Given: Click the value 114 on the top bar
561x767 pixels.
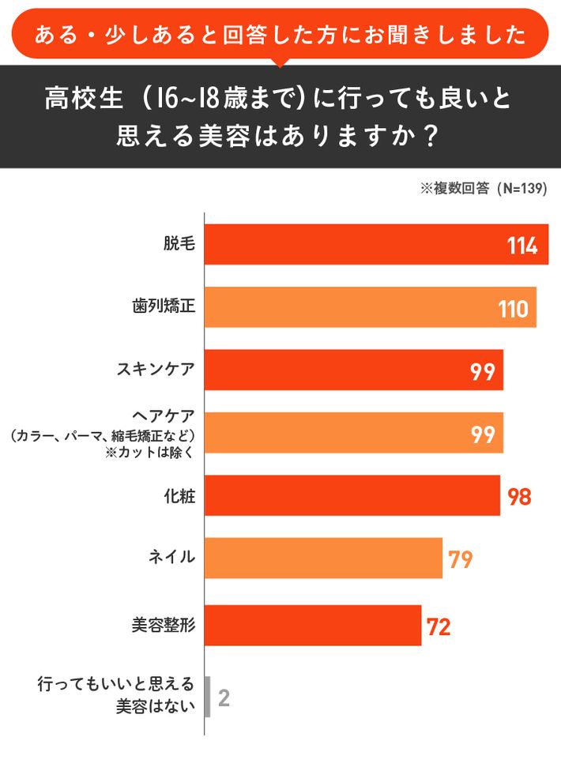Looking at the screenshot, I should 522,246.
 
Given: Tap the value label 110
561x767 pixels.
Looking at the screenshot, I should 513,308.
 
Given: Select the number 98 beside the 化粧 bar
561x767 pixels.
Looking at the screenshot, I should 518,496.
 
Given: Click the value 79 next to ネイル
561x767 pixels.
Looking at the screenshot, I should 460,559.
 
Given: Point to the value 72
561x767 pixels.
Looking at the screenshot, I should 439,626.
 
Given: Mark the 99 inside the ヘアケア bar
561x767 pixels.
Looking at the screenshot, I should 483,434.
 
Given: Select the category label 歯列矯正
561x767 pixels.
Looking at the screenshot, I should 163,306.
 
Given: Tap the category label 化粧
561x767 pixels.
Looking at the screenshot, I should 179,495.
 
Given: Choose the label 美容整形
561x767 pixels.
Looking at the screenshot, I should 163,626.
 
